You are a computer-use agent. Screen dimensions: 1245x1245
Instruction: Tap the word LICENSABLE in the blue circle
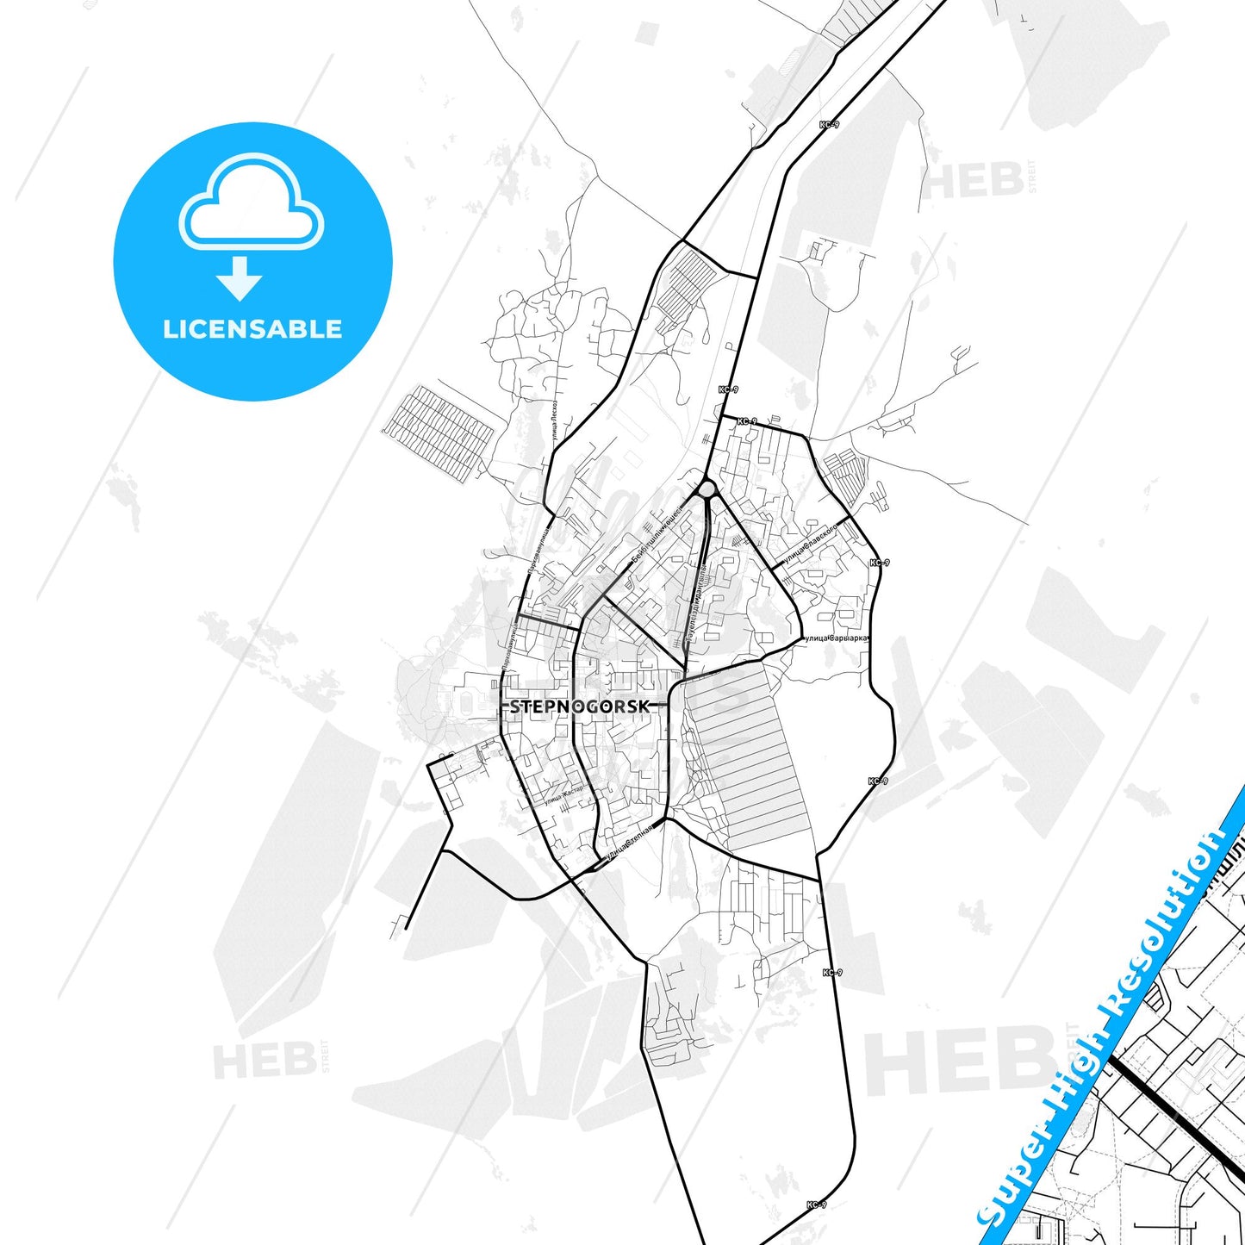coord(252,329)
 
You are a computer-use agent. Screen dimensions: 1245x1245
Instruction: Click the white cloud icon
coord(251,203)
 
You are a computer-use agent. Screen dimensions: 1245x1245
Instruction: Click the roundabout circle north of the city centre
coord(707,489)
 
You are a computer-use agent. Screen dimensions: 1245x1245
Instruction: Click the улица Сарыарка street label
coord(834,638)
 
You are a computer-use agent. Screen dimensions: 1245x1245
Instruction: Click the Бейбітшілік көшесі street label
coord(657,534)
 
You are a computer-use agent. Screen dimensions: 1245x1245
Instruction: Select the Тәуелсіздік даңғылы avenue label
coord(698,603)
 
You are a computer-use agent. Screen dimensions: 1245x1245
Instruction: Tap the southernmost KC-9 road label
coord(817,1205)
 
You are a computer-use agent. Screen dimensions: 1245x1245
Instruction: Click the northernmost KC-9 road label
coord(828,125)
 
